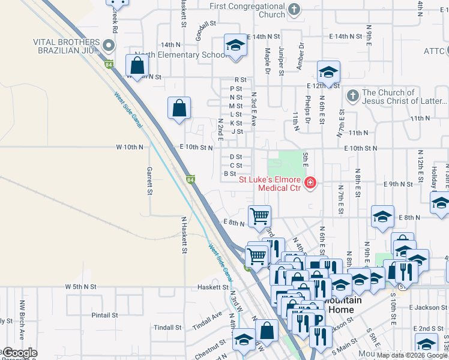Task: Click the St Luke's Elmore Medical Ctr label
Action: [x=270, y=183]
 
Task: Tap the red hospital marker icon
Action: [x=310, y=183]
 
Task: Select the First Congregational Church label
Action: [x=247, y=10]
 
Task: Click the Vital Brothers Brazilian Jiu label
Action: [x=66, y=46]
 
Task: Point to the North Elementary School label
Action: [x=180, y=55]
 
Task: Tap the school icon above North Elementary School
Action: [x=235, y=46]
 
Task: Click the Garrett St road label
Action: [x=148, y=181]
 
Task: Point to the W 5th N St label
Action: [x=81, y=287]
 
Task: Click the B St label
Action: [x=230, y=174]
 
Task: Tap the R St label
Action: [x=241, y=79]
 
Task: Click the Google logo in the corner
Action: [x=19, y=353]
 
